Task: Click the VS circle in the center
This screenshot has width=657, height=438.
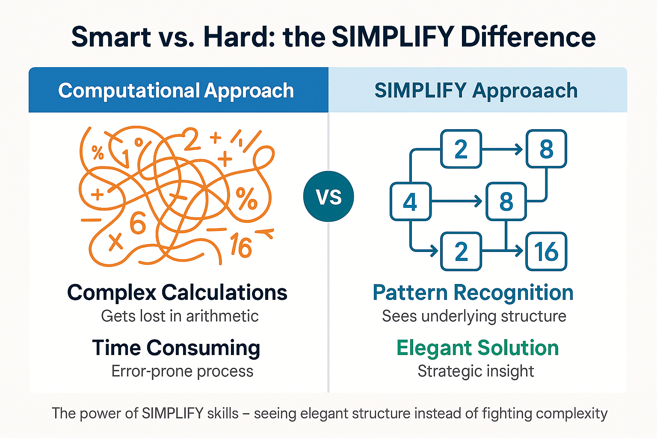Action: (x=328, y=196)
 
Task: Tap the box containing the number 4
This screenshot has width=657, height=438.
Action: (x=410, y=201)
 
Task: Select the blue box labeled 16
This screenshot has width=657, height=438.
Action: (x=546, y=252)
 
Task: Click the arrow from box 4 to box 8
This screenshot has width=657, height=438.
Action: (x=456, y=201)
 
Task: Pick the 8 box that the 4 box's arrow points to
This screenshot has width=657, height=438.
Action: (x=506, y=201)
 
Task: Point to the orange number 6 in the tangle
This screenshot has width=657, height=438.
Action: (x=138, y=223)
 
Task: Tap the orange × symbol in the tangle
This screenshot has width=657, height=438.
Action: (x=115, y=243)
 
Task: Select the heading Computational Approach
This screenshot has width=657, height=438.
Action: (x=176, y=90)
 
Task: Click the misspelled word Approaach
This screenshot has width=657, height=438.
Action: (x=525, y=90)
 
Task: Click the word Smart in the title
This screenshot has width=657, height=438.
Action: (x=111, y=37)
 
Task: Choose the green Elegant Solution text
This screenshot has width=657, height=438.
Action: (x=477, y=348)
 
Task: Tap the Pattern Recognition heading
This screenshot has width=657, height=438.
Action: (x=473, y=293)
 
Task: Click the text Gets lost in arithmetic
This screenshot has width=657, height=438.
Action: (x=180, y=316)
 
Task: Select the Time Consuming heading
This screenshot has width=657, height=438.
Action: (x=176, y=348)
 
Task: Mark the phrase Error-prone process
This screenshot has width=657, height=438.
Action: (x=182, y=371)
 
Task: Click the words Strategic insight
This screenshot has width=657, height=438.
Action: (x=476, y=371)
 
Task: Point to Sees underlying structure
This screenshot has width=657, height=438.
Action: (x=474, y=316)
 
